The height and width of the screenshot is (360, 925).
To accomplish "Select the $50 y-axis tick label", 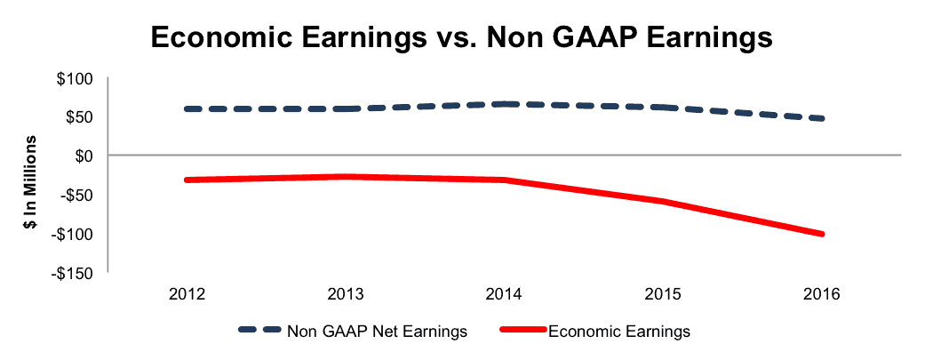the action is (87, 117).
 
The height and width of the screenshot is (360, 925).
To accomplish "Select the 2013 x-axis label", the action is (347, 293).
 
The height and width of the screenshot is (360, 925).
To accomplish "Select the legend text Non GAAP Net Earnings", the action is (377, 332).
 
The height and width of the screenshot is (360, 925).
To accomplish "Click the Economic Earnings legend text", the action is (619, 332).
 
